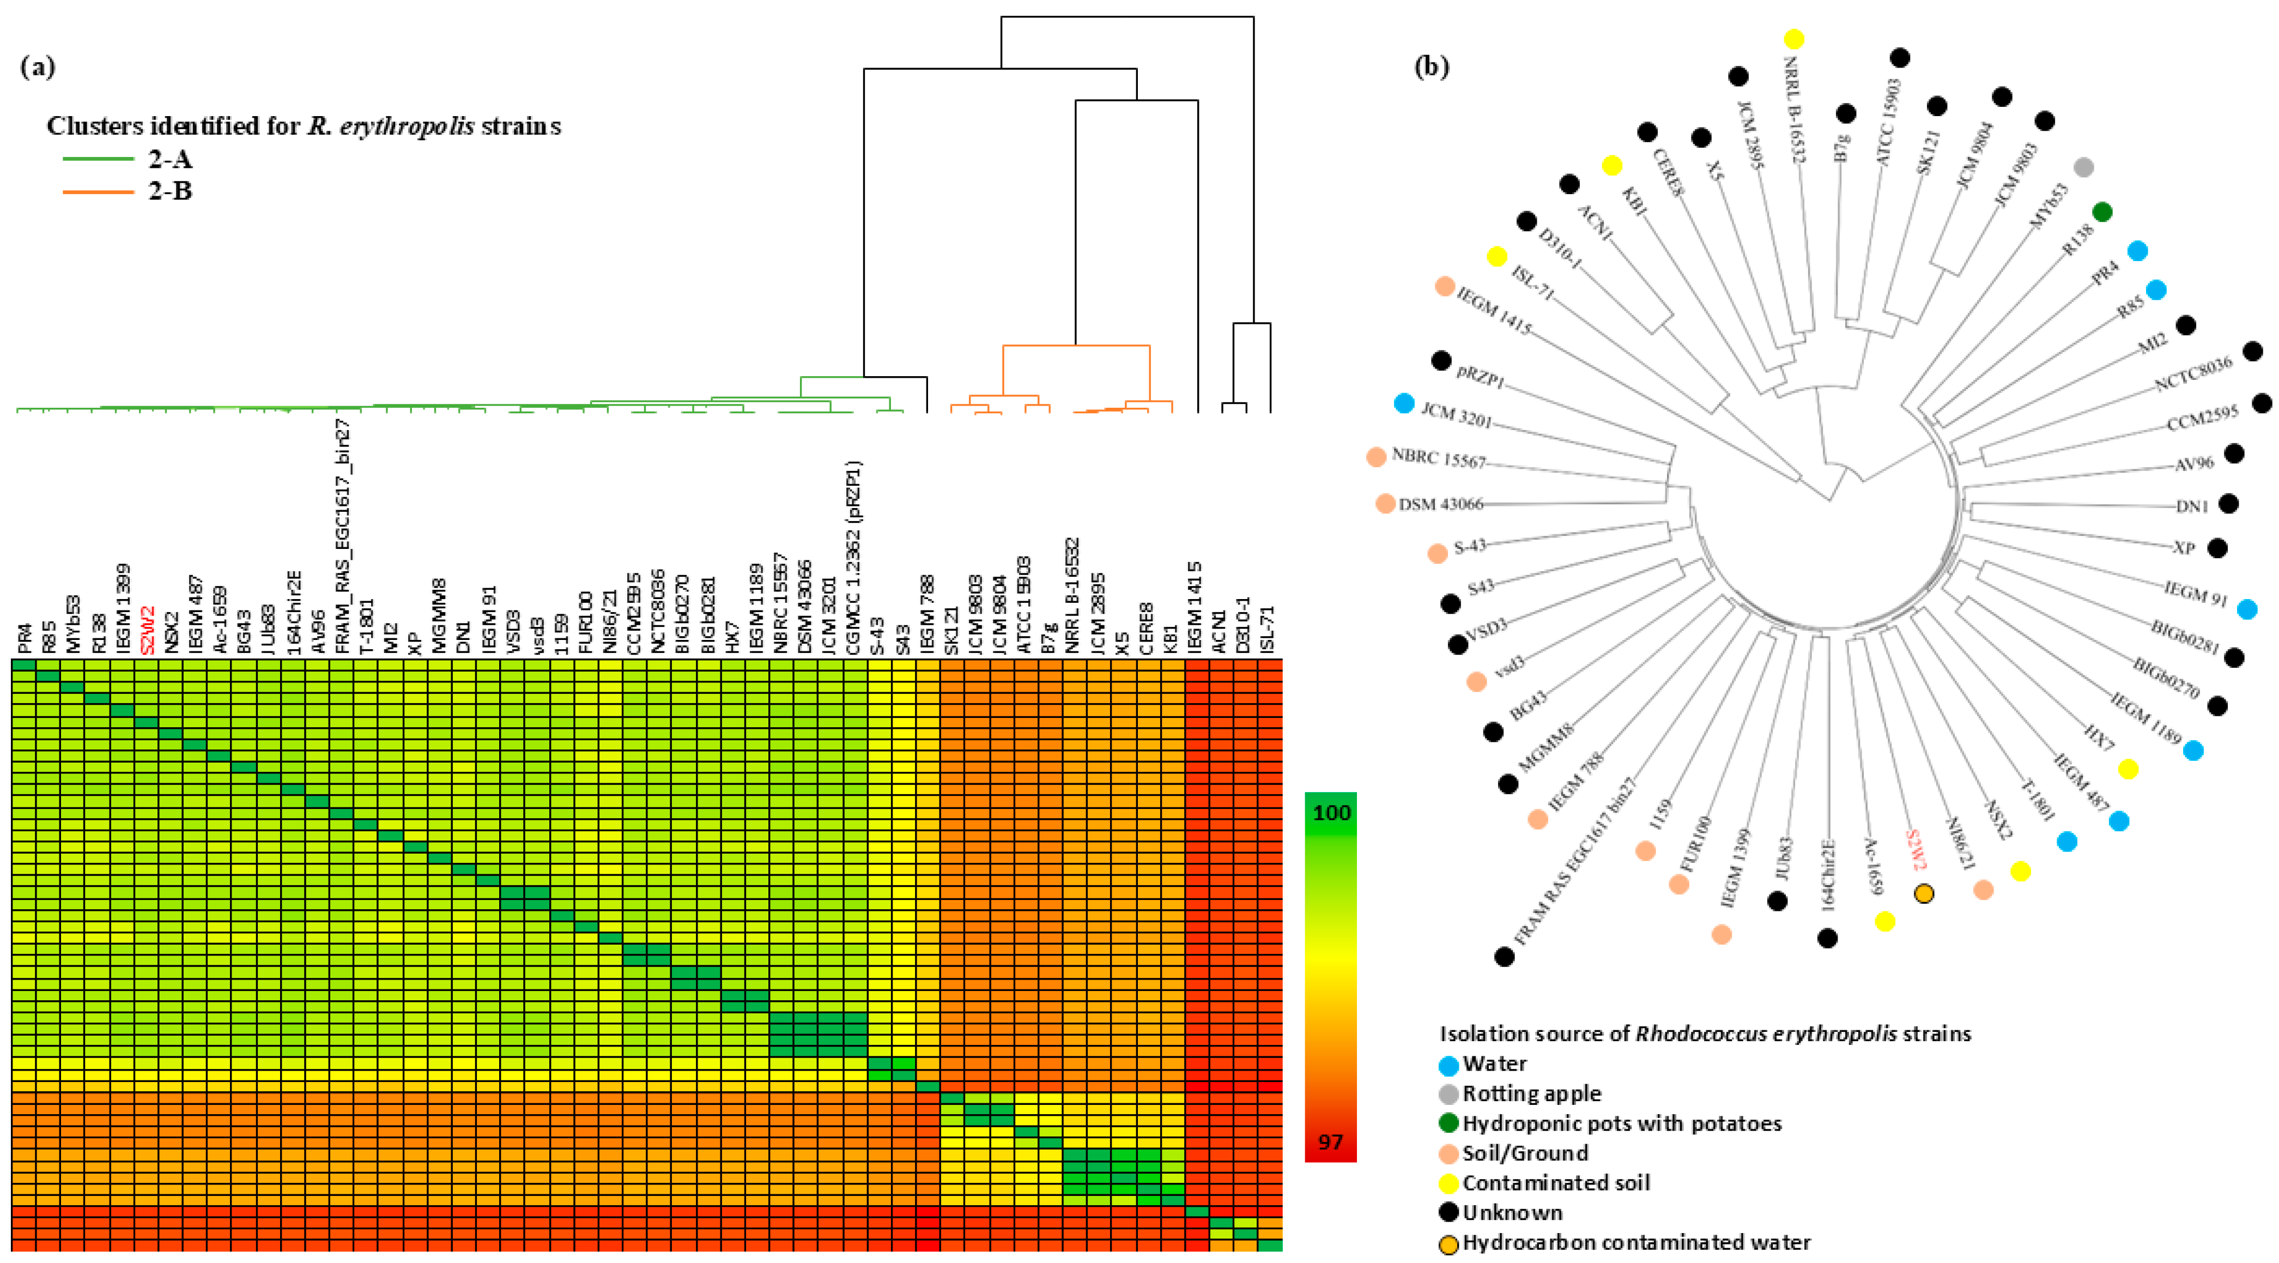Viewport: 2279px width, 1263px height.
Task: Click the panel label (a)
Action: [x=37, y=67]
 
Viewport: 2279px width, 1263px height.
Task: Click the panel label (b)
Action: [x=1432, y=67]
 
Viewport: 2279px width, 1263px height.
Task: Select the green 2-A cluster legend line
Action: [x=98, y=159]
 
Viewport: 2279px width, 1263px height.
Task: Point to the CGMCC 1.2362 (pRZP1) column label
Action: [x=854, y=558]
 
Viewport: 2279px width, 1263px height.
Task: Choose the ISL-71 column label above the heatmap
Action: [x=1267, y=629]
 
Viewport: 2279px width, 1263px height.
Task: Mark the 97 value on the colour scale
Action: [x=1331, y=1142]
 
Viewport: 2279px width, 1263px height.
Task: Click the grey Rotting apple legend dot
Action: [x=1448, y=1094]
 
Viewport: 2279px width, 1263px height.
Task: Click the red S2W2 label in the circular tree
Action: [x=1916, y=850]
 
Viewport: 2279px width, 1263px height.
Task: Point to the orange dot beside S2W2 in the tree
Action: [x=1923, y=894]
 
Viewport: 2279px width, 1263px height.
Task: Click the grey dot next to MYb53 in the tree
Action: [x=2083, y=166]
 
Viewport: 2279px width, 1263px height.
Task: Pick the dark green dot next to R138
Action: [x=2103, y=211]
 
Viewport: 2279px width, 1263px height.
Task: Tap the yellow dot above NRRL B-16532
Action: [x=1794, y=39]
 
